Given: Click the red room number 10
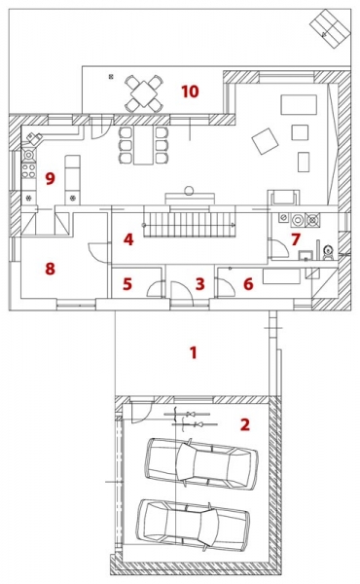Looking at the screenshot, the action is tap(190, 91).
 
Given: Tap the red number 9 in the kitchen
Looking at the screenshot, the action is tap(51, 178).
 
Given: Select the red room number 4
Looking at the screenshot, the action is tap(128, 239).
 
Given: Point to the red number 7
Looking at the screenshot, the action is tap(296, 239).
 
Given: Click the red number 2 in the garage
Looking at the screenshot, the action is tap(244, 424).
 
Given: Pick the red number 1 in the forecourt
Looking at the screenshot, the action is tap(193, 352).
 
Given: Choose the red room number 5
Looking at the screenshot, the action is tap(127, 284).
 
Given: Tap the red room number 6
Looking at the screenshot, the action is tap(248, 284).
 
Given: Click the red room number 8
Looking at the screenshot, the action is tap(51, 269).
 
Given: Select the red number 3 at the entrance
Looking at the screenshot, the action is tap(199, 284).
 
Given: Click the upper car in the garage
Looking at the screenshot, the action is tap(201, 463).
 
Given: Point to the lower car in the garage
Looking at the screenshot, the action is tap(194, 526).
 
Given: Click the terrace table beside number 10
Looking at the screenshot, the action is tap(144, 93).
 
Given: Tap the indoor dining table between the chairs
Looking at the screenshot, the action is tap(143, 145).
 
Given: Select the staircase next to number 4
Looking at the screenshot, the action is tap(190, 225).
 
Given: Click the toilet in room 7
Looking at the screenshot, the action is tap(328, 252).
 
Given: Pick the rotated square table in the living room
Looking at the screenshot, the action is tap(265, 141).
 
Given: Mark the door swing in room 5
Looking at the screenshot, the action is tap(156, 288).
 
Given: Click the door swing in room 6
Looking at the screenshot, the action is tap(226, 287).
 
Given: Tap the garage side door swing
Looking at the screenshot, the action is tap(142, 411).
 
